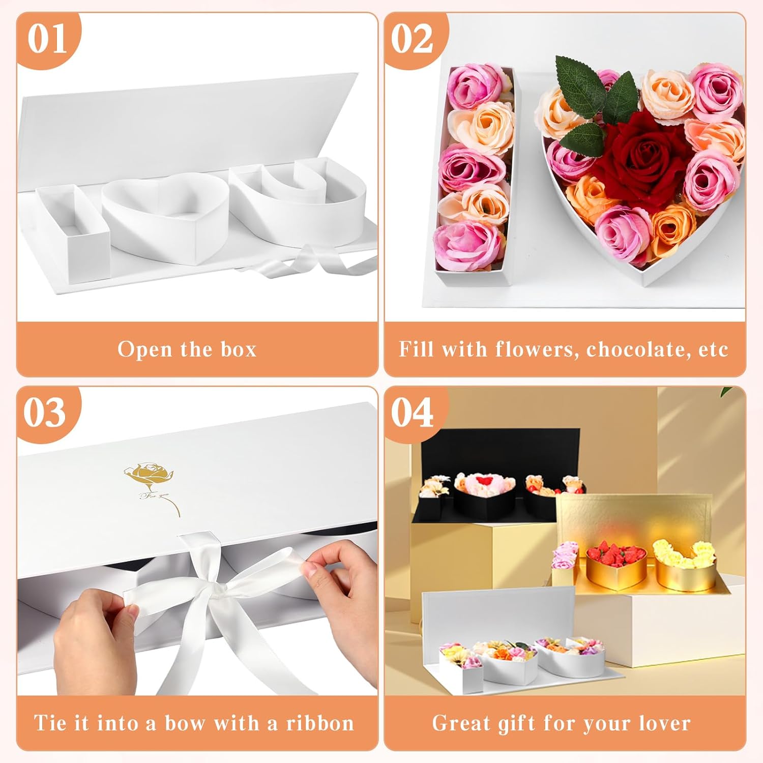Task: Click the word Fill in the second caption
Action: tap(417, 349)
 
